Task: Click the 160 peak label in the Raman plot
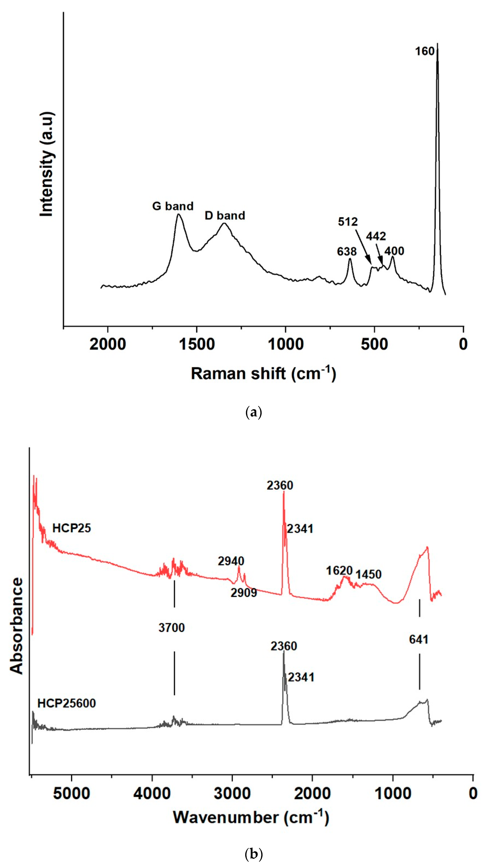[x=425, y=51]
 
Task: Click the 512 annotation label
[x=348, y=222]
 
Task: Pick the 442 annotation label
[x=376, y=236]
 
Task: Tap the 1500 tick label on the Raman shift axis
[x=197, y=345]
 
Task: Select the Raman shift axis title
[x=263, y=373]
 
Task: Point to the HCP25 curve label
[x=72, y=528]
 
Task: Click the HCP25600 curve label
[x=67, y=703]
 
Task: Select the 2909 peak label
[x=244, y=593]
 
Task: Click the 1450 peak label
[x=369, y=574]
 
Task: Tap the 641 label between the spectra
[x=419, y=639]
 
